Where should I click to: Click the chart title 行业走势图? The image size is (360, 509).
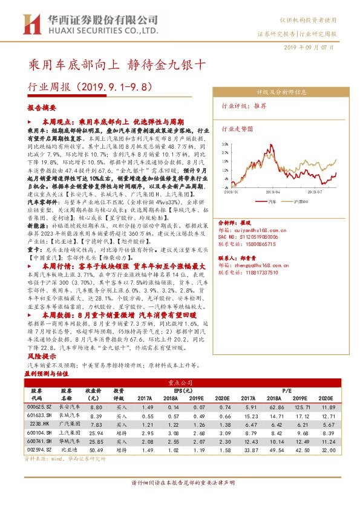point(238,129)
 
